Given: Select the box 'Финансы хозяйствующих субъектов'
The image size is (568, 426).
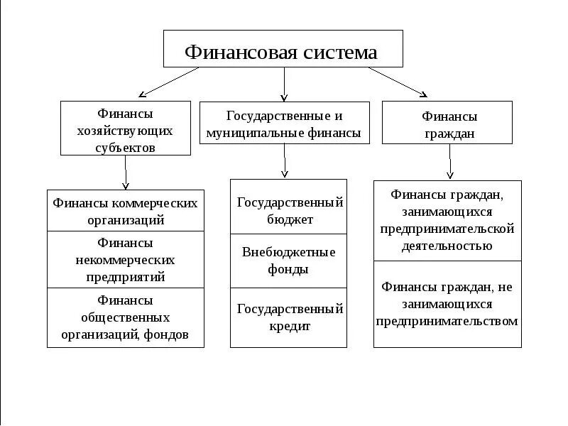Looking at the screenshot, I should click(x=125, y=128).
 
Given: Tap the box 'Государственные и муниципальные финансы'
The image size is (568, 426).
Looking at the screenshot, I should click(x=284, y=123).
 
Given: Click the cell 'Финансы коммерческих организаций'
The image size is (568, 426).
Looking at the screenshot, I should click(x=125, y=211).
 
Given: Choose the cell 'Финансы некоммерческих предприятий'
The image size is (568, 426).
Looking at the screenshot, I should click(x=125, y=259).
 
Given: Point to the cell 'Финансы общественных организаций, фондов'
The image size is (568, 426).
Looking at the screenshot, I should click(x=125, y=317).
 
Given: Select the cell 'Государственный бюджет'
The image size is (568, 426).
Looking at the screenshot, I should click(x=289, y=210).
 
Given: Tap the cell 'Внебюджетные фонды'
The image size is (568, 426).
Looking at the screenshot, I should click(x=289, y=260).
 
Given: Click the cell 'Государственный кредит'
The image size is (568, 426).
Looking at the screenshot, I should click(x=289, y=317).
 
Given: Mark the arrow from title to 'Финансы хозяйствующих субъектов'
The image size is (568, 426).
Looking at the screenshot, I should click(x=169, y=83).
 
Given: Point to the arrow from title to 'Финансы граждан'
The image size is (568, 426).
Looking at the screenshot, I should click(x=398, y=82).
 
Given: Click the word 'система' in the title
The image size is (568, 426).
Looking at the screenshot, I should click(x=339, y=52).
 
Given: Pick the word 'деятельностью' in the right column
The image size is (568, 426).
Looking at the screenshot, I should click(x=447, y=246).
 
